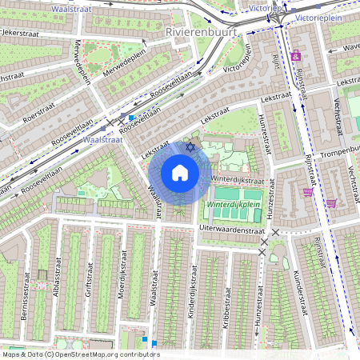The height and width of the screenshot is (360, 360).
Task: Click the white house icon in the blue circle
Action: coord(180,173)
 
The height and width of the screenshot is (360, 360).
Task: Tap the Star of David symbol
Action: coord(190,146)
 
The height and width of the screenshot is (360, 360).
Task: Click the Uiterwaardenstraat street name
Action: coord(232,229)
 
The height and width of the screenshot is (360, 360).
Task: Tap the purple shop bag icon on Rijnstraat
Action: coord(307,192)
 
